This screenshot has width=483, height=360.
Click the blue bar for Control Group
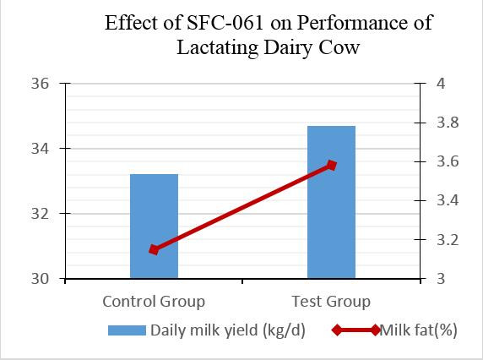pyautogui.click(x=154, y=226)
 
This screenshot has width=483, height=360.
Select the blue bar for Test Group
pyautogui.click(x=332, y=202)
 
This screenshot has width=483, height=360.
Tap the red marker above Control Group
pyautogui.click(x=154, y=249)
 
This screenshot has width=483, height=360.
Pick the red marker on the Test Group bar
pyautogui.click(x=332, y=166)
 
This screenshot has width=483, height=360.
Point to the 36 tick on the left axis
pyautogui.click(x=40, y=84)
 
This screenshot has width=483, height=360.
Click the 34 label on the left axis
pyautogui.click(x=40, y=149)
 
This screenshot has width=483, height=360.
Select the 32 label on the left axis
pyautogui.click(x=40, y=214)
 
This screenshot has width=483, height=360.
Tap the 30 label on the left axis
pyautogui.click(x=40, y=279)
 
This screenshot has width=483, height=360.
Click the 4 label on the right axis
pyautogui.click(x=442, y=84)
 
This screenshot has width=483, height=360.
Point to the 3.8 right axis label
pyautogui.click(x=448, y=123)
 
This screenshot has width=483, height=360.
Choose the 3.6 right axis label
pyautogui.click(x=448, y=161)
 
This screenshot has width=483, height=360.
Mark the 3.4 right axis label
pyautogui.click(x=448, y=200)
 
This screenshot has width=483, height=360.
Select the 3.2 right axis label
pyautogui.click(x=448, y=240)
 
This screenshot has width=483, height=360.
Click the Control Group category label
pyautogui.click(x=154, y=302)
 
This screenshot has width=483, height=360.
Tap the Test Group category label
pyautogui.click(x=331, y=302)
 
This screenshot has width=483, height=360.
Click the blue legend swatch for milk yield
pyautogui.click(x=127, y=330)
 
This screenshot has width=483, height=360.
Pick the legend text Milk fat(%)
pyautogui.click(x=419, y=330)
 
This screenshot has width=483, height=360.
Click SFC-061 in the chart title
pyautogui.click(x=225, y=23)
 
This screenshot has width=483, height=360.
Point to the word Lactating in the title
pyautogui.click(x=218, y=47)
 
